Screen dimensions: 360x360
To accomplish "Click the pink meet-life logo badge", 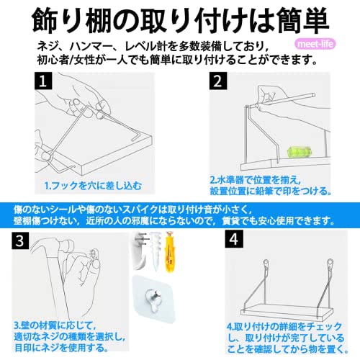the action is [315, 44].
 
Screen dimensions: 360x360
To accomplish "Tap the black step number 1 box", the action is [43, 81].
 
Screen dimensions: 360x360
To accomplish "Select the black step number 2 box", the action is [218, 81].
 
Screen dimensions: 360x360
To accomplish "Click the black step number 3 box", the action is [20, 240].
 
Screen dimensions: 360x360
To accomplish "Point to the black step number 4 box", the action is [234, 239].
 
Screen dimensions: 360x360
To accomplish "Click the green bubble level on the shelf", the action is [299, 152].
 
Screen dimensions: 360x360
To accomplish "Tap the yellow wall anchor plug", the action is [170, 251].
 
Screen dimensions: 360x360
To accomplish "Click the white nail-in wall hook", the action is [140, 251].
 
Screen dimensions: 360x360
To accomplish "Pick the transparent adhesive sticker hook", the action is [154, 299].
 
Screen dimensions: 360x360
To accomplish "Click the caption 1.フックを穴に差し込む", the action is [93, 186].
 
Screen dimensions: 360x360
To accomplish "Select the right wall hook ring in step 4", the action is [330, 262].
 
